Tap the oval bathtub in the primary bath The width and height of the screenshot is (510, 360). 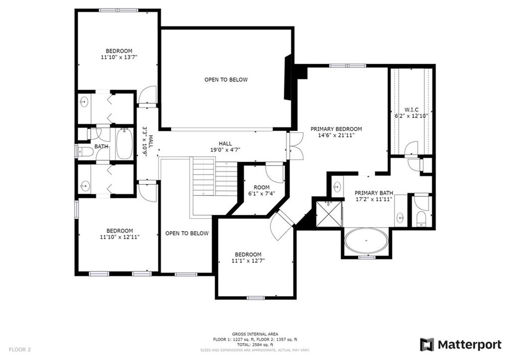[x=367, y=241]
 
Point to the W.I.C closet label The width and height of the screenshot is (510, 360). [x=411, y=110]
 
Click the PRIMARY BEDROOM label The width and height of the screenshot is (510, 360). [x=336, y=129]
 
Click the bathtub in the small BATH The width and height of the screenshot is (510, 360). [x=124, y=144]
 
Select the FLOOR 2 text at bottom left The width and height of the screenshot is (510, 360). [x=20, y=350]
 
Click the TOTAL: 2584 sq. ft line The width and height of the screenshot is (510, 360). [x=255, y=345]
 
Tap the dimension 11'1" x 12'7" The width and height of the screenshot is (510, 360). [x=248, y=260]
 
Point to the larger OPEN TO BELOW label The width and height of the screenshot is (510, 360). [x=226, y=80]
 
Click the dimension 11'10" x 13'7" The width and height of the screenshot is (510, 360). [x=119, y=57]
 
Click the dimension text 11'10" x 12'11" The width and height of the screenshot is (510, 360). [x=120, y=237]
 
